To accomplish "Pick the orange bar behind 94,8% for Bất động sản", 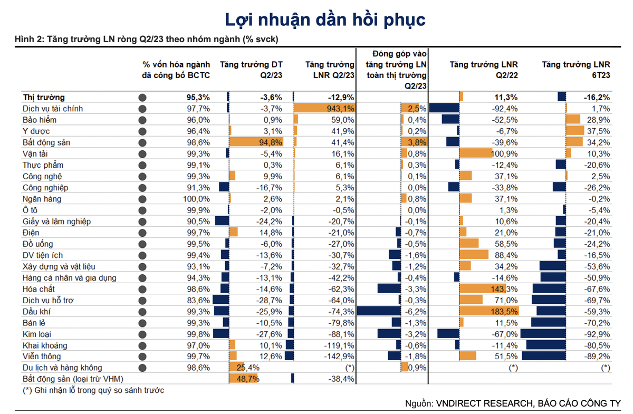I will pyautogui.click(x=257, y=142).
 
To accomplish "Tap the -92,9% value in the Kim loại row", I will pyautogui.click(x=598, y=334).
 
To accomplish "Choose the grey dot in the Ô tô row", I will pyautogui.click(x=142, y=210).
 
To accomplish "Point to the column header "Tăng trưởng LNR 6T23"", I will pyautogui.click(x=576, y=70).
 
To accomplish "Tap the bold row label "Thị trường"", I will pyautogui.click(x=44, y=97).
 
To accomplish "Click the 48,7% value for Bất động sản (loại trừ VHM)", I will pyautogui.click(x=247, y=379).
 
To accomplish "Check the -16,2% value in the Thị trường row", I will pyautogui.click(x=598, y=97).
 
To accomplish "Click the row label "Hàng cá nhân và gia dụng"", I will pyautogui.click(x=69, y=278).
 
